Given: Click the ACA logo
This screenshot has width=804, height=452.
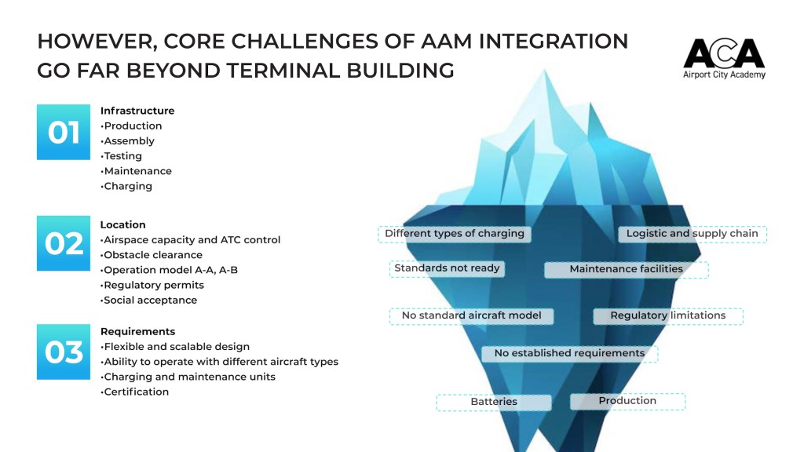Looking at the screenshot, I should tap(723, 58).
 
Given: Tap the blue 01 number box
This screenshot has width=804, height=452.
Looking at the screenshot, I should tap(64, 133).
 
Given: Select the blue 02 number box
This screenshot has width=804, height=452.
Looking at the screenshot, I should tap(64, 243).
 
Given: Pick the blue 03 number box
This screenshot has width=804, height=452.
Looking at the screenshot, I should tap(64, 352).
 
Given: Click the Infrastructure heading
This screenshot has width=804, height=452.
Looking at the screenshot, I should tap(137, 111).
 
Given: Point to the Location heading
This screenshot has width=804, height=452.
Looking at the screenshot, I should tap(122, 224).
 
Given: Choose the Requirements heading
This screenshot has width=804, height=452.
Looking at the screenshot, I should tap(137, 331).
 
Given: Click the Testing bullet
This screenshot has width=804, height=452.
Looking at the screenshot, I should tap(122, 156).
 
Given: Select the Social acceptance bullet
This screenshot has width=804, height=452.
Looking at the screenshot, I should tap(150, 300).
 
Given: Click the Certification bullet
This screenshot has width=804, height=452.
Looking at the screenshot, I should tap(136, 392).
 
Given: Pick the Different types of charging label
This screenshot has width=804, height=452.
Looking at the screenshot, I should tap(455, 234).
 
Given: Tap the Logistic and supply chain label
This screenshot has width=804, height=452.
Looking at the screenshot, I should tap(692, 234).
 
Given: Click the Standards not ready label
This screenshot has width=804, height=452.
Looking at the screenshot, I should tap(447, 268).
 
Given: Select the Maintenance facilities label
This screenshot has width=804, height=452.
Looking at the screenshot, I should tap(626, 269).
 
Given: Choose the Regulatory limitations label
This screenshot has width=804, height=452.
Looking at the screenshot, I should tap(668, 315).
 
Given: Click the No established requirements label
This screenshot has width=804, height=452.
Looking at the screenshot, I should tap(569, 354).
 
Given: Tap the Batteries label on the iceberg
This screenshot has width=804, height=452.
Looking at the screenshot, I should tap(494, 402).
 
